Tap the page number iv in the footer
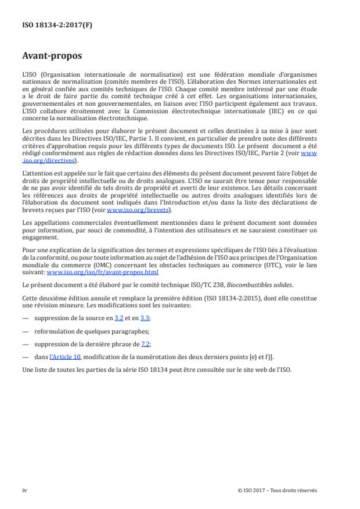[x=24, y=490]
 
